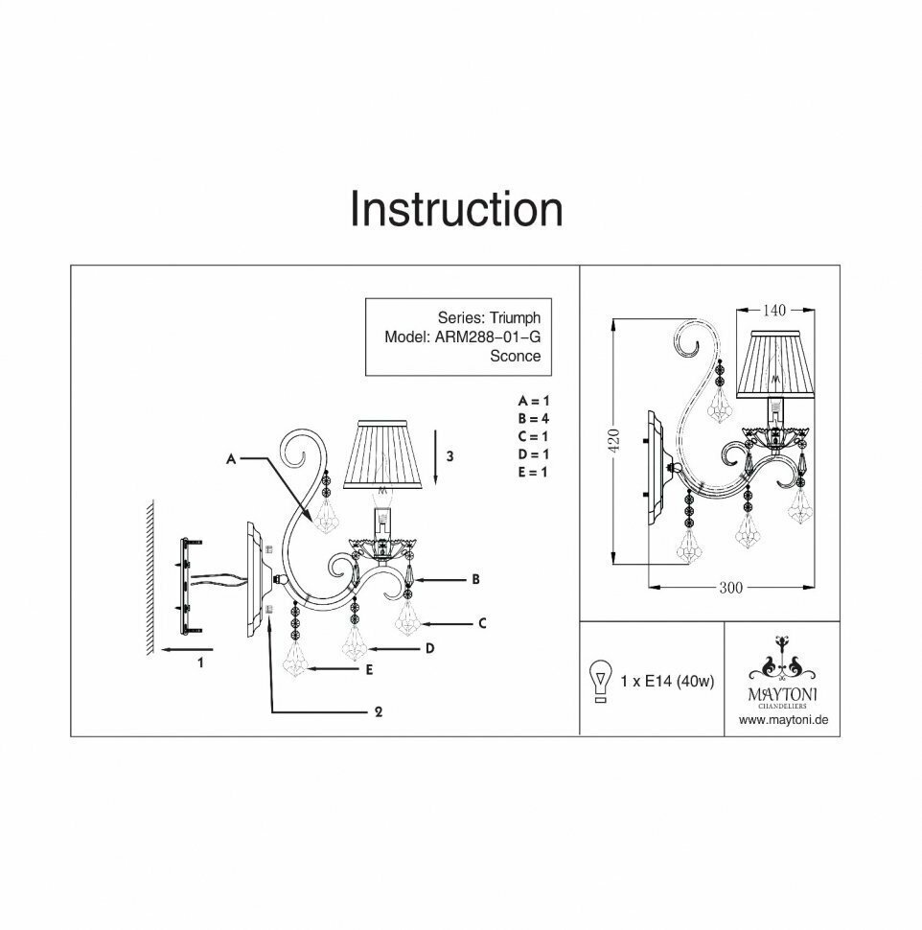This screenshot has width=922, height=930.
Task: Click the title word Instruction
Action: [455, 210]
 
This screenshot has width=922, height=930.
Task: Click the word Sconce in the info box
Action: [515, 356]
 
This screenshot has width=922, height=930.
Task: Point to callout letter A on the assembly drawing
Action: [230, 460]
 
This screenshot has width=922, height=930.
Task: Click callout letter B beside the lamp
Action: [475, 579]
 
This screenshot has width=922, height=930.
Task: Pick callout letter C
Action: [483, 623]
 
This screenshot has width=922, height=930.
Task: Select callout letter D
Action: [430, 648]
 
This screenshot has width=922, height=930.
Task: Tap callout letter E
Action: [368, 670]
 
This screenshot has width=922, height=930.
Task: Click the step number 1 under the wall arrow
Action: [200, 662]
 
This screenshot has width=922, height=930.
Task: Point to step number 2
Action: [379, 711]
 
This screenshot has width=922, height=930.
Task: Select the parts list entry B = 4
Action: [532, 418]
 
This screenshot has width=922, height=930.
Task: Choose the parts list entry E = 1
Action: [532, 472]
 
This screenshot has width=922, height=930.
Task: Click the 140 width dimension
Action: [774, 310]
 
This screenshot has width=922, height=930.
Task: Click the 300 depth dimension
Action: [731, 588]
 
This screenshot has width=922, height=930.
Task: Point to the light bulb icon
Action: [601, 682]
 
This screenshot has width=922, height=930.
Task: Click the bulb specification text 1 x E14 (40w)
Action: [667, 683]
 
